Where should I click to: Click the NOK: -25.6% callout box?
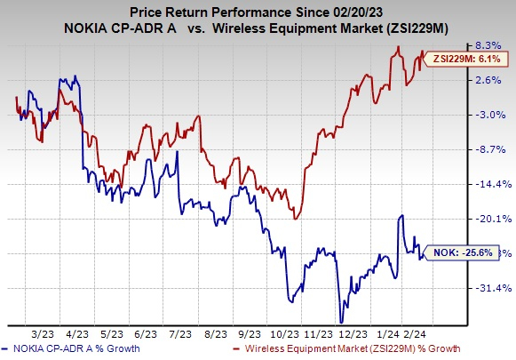click(460, 252)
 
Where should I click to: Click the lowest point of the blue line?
click(340, 323)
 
